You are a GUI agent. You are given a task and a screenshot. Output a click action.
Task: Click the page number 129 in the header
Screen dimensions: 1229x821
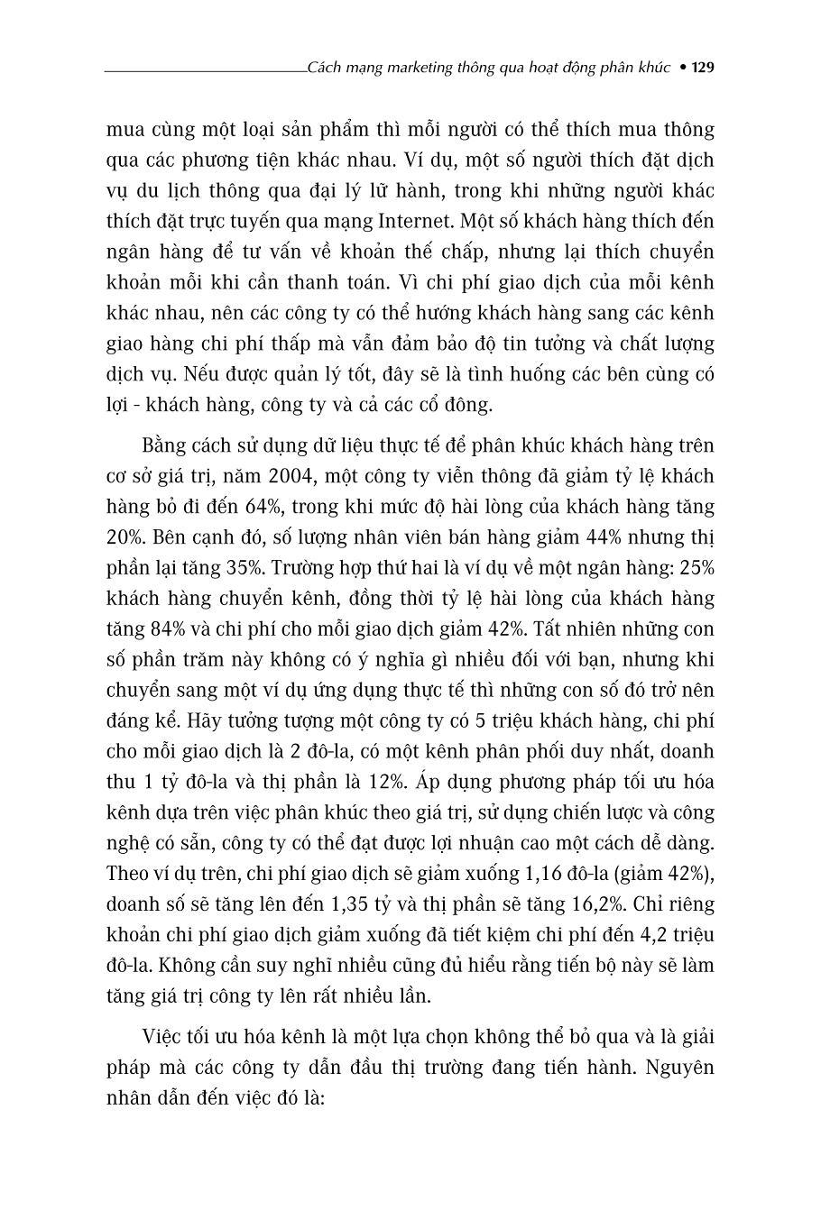pos(702,68)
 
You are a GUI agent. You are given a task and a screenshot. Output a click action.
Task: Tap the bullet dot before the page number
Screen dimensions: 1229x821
pos(682,68)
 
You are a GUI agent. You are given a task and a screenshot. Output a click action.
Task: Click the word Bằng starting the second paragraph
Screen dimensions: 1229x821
pos(165,445)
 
